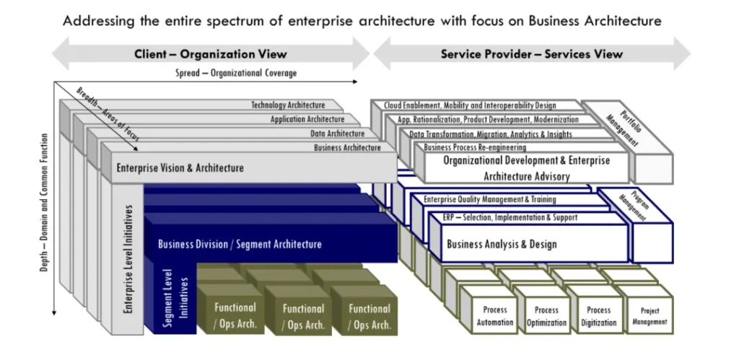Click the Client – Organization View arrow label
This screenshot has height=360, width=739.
click(x=210, y=54)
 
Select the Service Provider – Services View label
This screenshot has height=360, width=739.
click(x=531, y=54)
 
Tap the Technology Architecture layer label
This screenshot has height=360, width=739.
click(x=288, y=105)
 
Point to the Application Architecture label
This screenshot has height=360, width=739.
click(x=307, y=120)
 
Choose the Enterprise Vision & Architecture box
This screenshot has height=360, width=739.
click(x=180, y=168)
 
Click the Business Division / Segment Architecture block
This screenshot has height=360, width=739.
click(x=240, y=244)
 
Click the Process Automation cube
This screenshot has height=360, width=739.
click(x=495, y=315)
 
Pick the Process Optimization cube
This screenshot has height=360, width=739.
click(x=546, y=315)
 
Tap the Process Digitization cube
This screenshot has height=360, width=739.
click(x=598, y=315)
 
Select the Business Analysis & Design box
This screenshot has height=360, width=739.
click(x=502, y=244)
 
